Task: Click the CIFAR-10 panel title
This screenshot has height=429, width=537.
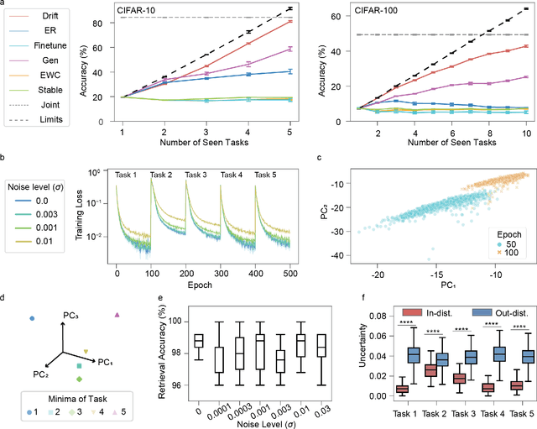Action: tap(138, 9)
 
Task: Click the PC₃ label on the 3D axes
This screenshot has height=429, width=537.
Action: tap(72, 314)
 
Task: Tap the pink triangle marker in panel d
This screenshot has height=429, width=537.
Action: tap(117, 315)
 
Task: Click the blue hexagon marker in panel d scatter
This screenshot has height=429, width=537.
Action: tap(32, 318)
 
